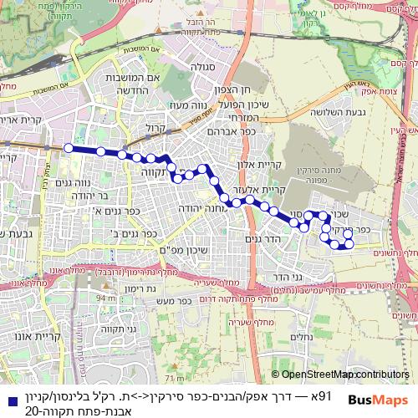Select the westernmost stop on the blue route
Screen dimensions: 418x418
click(68, 147)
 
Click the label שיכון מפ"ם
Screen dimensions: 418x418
click(158, 248)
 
